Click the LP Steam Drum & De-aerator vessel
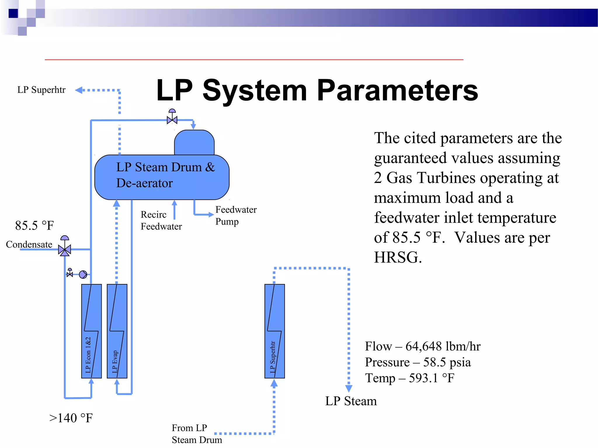[162, 177]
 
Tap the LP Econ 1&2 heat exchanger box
[91, 331]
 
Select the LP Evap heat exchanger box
[117, 331]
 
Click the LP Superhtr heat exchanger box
[274, 331]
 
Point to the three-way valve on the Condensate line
[65, 249]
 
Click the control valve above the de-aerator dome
[172, 120]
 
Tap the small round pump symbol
[83, 274]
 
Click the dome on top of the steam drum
[194, 142]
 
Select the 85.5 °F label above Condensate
[34, 225]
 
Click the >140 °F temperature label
[71, 418]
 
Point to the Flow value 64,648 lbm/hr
[443, 346]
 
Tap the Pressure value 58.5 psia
[447, 362]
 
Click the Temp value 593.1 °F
[431, 378]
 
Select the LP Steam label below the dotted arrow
[351, 401]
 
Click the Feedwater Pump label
[236, 215]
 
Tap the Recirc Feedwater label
[161, 220]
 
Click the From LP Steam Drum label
[197, 434]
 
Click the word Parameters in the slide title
[397, 90]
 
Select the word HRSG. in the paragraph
[398, 257]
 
